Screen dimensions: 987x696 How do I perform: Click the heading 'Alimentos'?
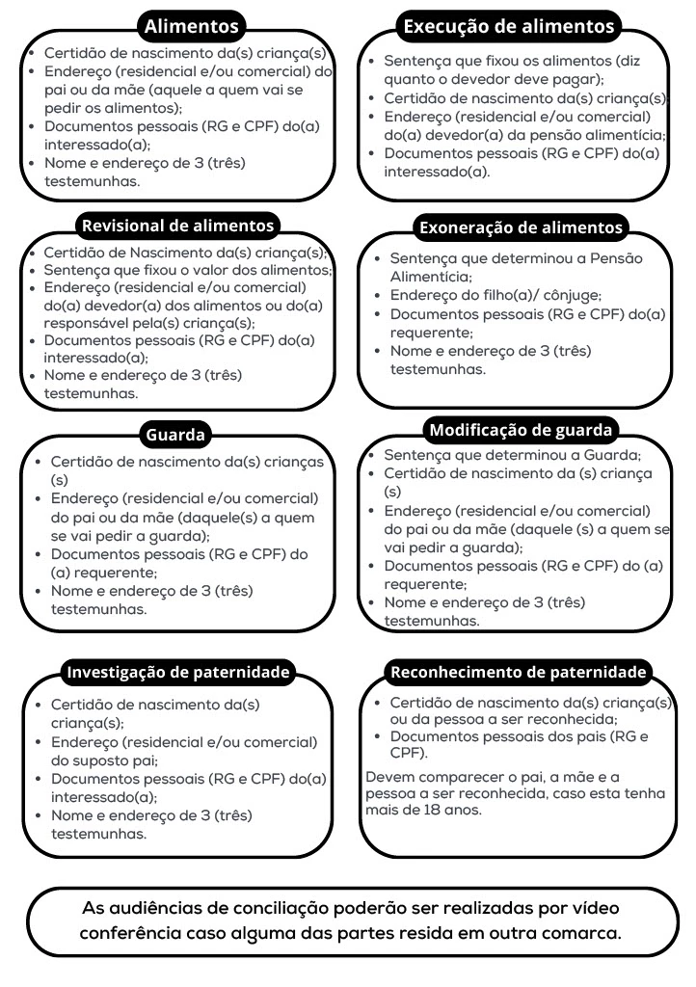click(x=191, y=26)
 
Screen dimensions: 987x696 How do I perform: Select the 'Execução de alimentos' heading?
click(x=509, y=26)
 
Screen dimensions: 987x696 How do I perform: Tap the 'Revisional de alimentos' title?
click(x=178, y=226)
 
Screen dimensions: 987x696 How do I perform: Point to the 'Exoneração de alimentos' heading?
click(x=521, y=228)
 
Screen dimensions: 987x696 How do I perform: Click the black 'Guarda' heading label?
click(x=175, y=435)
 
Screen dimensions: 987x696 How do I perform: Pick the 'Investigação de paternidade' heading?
click(x=177, y=671)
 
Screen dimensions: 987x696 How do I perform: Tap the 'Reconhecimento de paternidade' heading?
click(x=517, y=671)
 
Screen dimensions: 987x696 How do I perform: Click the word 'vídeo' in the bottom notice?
click(x=592, y=908)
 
